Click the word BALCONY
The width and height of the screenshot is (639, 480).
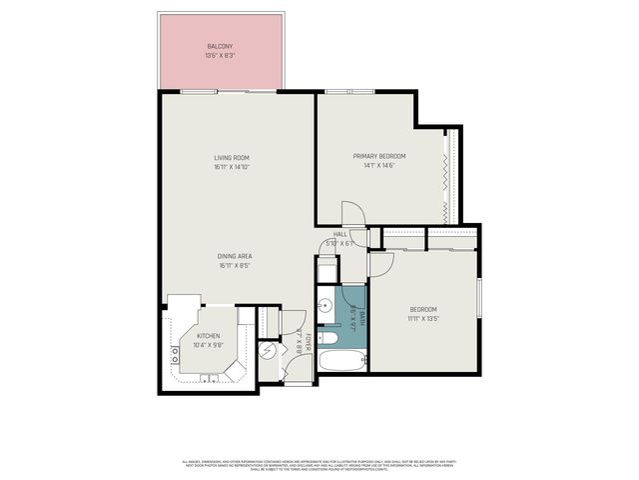pos(220,47)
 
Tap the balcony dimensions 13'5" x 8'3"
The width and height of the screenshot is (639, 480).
pos(220,56)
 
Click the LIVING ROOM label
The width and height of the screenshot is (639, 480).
pos(231,158)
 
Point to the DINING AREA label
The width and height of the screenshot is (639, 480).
pos(235,256)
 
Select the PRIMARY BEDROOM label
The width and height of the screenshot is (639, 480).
pos(379,156)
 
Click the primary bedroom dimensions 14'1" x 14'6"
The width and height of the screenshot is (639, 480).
pos(379,166)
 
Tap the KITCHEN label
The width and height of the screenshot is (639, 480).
pos(208,336)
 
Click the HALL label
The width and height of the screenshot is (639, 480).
pos(339,234)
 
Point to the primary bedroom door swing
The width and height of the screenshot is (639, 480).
pos(351,214)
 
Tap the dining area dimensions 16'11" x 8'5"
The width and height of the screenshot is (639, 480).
pos(235,266)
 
